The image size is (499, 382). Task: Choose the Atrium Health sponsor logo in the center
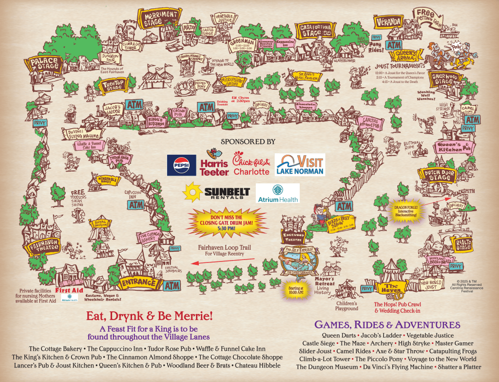click(277, 193)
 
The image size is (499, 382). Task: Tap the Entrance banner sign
click(139, 282)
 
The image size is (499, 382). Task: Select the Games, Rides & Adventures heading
click(387, 324)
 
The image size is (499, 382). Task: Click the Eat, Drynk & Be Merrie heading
click(148, 316)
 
